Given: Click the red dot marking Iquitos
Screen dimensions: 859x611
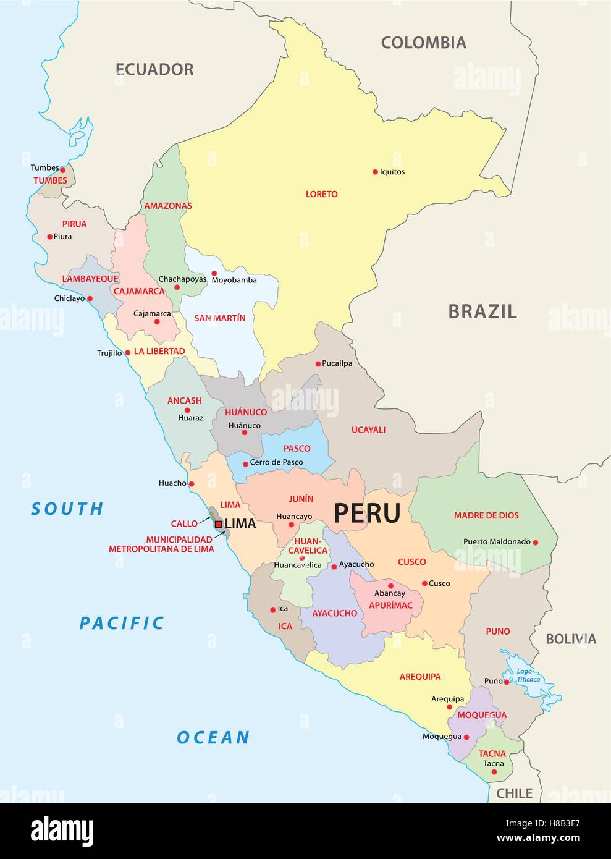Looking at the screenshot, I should coord(375,172).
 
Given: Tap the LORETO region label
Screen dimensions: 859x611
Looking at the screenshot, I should coord(322,194).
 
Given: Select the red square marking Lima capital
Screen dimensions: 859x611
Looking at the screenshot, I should coord(218,524).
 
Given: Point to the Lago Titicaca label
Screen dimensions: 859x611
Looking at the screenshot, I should coord(529,675).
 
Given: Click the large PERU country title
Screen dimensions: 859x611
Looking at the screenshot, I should coord(367,513).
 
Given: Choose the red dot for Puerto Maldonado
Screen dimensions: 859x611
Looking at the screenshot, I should coord(536,543).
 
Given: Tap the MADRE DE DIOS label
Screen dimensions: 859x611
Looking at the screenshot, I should coord(486,515).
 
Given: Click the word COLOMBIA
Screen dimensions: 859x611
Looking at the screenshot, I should coord(423,43).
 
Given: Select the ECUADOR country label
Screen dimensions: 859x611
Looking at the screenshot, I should coord(154,69).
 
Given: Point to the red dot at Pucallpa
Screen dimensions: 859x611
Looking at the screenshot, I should coord(318,364).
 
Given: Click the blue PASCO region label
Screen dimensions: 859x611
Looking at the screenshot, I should coord(297,448).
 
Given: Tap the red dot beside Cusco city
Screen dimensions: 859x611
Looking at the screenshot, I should coord(424,583).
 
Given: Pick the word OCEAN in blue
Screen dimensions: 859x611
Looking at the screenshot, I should coord(213,737).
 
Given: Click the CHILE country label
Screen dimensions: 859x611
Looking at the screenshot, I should coord(514,793).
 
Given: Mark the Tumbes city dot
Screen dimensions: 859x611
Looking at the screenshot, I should coord(62,169).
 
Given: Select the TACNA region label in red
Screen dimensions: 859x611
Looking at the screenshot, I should coord(492,753).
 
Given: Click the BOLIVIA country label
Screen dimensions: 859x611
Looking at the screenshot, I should coord(570,639).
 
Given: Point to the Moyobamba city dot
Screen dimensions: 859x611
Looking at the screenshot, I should coord(214,273).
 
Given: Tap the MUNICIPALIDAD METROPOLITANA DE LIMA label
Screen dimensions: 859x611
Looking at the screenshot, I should coord(161,544).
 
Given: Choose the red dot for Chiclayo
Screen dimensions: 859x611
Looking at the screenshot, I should coord(90,298).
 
